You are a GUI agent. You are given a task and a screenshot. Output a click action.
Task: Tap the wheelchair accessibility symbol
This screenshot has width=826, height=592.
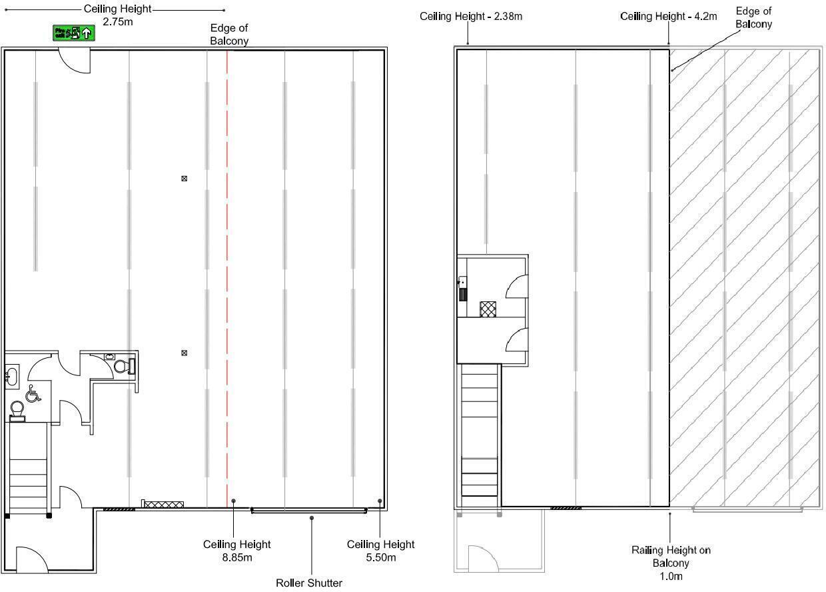33,394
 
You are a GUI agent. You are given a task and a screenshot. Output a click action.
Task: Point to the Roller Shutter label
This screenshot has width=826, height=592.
309,583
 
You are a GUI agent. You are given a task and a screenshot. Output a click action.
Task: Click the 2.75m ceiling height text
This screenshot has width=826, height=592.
117,22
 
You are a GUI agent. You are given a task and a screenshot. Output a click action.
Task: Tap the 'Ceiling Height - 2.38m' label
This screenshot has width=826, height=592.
471,16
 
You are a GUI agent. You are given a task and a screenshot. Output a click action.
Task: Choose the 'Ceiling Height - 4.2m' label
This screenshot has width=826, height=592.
668,16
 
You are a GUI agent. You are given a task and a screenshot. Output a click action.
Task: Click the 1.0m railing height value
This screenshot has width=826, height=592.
671,576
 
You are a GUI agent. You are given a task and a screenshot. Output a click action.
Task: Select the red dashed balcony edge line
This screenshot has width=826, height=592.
227,267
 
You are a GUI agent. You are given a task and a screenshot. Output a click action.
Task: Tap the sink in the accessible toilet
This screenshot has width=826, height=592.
11,376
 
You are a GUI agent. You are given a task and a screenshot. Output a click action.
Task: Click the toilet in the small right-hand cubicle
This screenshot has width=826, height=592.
123,366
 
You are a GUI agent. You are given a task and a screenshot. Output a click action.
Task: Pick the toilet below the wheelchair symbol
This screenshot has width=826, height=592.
17,409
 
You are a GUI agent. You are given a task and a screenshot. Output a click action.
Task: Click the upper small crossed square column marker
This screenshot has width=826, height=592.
185,179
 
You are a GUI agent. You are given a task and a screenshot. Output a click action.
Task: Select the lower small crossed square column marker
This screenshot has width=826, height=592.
185,353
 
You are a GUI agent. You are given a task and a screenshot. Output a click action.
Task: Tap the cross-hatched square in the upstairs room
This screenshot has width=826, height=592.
488,309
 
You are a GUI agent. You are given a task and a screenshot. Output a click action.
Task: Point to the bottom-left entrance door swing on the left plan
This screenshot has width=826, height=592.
32,560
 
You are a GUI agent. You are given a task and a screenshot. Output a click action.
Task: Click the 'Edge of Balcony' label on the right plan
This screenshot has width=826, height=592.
753,17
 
